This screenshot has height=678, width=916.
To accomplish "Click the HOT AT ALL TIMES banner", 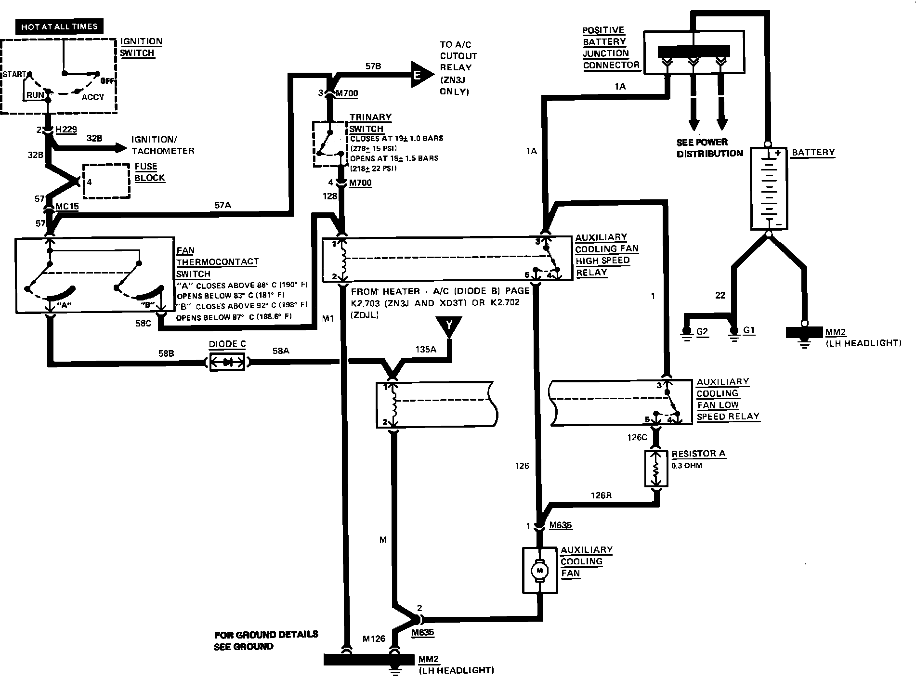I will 59,26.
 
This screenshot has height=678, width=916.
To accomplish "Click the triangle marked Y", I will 448,326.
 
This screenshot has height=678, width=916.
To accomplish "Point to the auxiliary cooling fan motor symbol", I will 539,570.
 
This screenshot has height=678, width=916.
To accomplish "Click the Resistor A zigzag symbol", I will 655,469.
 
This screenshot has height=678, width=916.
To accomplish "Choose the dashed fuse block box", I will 107,181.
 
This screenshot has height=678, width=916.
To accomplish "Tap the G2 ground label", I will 702,332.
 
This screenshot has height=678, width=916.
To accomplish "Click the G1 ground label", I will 749,330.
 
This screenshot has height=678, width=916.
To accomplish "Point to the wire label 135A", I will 426,350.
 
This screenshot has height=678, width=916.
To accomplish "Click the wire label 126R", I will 601,495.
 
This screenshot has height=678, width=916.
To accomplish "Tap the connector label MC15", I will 67,207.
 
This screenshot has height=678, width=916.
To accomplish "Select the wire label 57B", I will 373,66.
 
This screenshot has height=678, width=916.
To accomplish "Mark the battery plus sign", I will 777,153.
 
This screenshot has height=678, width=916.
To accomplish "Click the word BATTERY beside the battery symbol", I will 813,152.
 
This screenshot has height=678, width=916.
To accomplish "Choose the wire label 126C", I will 637,437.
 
